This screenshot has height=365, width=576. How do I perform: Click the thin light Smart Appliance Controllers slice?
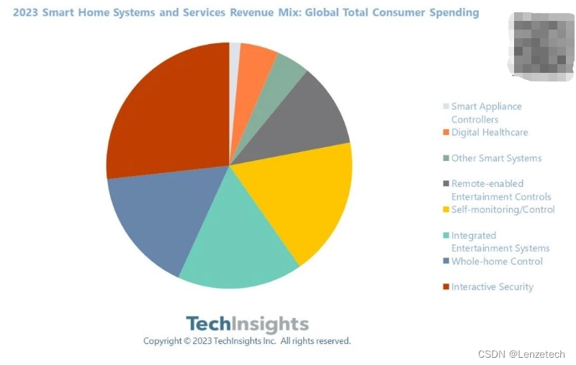[235, 58]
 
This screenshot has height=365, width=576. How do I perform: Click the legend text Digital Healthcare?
[490, 133]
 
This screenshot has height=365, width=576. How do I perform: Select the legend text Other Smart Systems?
[496, 159]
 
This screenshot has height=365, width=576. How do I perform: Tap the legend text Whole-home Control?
[497, 262]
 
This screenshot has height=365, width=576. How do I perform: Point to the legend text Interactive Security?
[492, 287]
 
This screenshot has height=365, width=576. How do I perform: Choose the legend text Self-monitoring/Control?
[503, 210]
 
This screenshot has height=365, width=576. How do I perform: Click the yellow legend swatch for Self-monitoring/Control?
[446, 210]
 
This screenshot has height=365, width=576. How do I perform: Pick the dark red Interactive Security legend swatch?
[446, 287]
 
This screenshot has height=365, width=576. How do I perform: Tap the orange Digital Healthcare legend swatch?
[446, 133]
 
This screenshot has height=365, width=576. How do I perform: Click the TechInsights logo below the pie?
[247, 324]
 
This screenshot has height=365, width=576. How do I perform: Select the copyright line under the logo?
[247, 341]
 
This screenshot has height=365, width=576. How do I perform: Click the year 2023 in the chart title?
[27, 13]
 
